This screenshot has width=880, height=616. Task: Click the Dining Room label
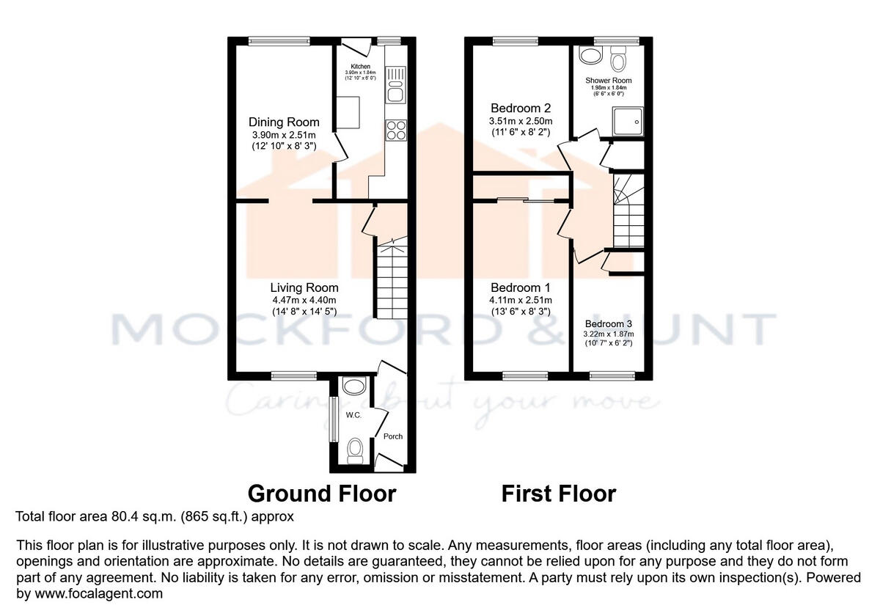pyautogui.click(x=284, y=122)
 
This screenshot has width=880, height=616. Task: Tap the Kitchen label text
pyautogui.click(x=360, y=66)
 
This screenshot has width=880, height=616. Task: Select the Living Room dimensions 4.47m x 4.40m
pyautogui.click(x=304, y=299)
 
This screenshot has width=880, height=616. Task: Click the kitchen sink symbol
pyautogui.click(x=395, y=84)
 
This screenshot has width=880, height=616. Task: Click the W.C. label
pyautogui.click(x=353, y=415)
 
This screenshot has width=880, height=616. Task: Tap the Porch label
pyautogui.click(x=393, y=436)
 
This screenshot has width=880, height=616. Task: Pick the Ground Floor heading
pyautogui.click(x=322, y=494)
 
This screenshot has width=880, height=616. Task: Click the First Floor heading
pyautogui.click(x=558, y=494)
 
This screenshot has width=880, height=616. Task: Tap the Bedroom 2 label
pyautogui.click(x=521, y=108)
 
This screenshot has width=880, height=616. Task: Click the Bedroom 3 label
pyautogui.click(x=608, y=324)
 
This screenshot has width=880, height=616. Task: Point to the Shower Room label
pyautogui.click(x=608, y=81)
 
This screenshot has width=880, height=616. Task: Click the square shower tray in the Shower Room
pyautogui.click(x=626, y=121)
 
